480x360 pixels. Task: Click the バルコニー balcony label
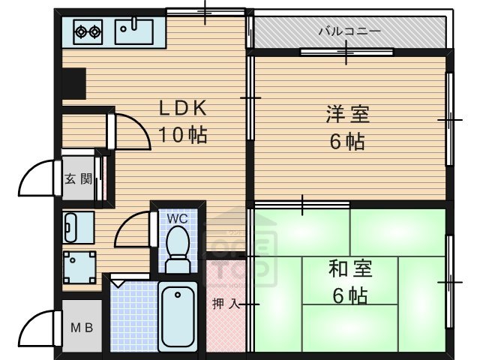[349, 31]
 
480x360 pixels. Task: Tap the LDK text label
[183, 108]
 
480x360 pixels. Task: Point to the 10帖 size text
[183, 135]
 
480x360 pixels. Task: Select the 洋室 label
[348, 114]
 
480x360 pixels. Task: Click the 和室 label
[350, 268]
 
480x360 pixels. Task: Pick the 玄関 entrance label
[78, 178]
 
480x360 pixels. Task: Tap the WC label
[177, 218]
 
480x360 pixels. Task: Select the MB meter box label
[82, 328]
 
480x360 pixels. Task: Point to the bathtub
[178, 317]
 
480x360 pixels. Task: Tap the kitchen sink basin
[133, 31]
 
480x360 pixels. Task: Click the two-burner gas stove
[88, 31]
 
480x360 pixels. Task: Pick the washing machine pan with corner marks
[79, 268]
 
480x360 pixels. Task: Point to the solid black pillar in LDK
[73, 83]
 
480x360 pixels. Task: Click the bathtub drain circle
[178, 295]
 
